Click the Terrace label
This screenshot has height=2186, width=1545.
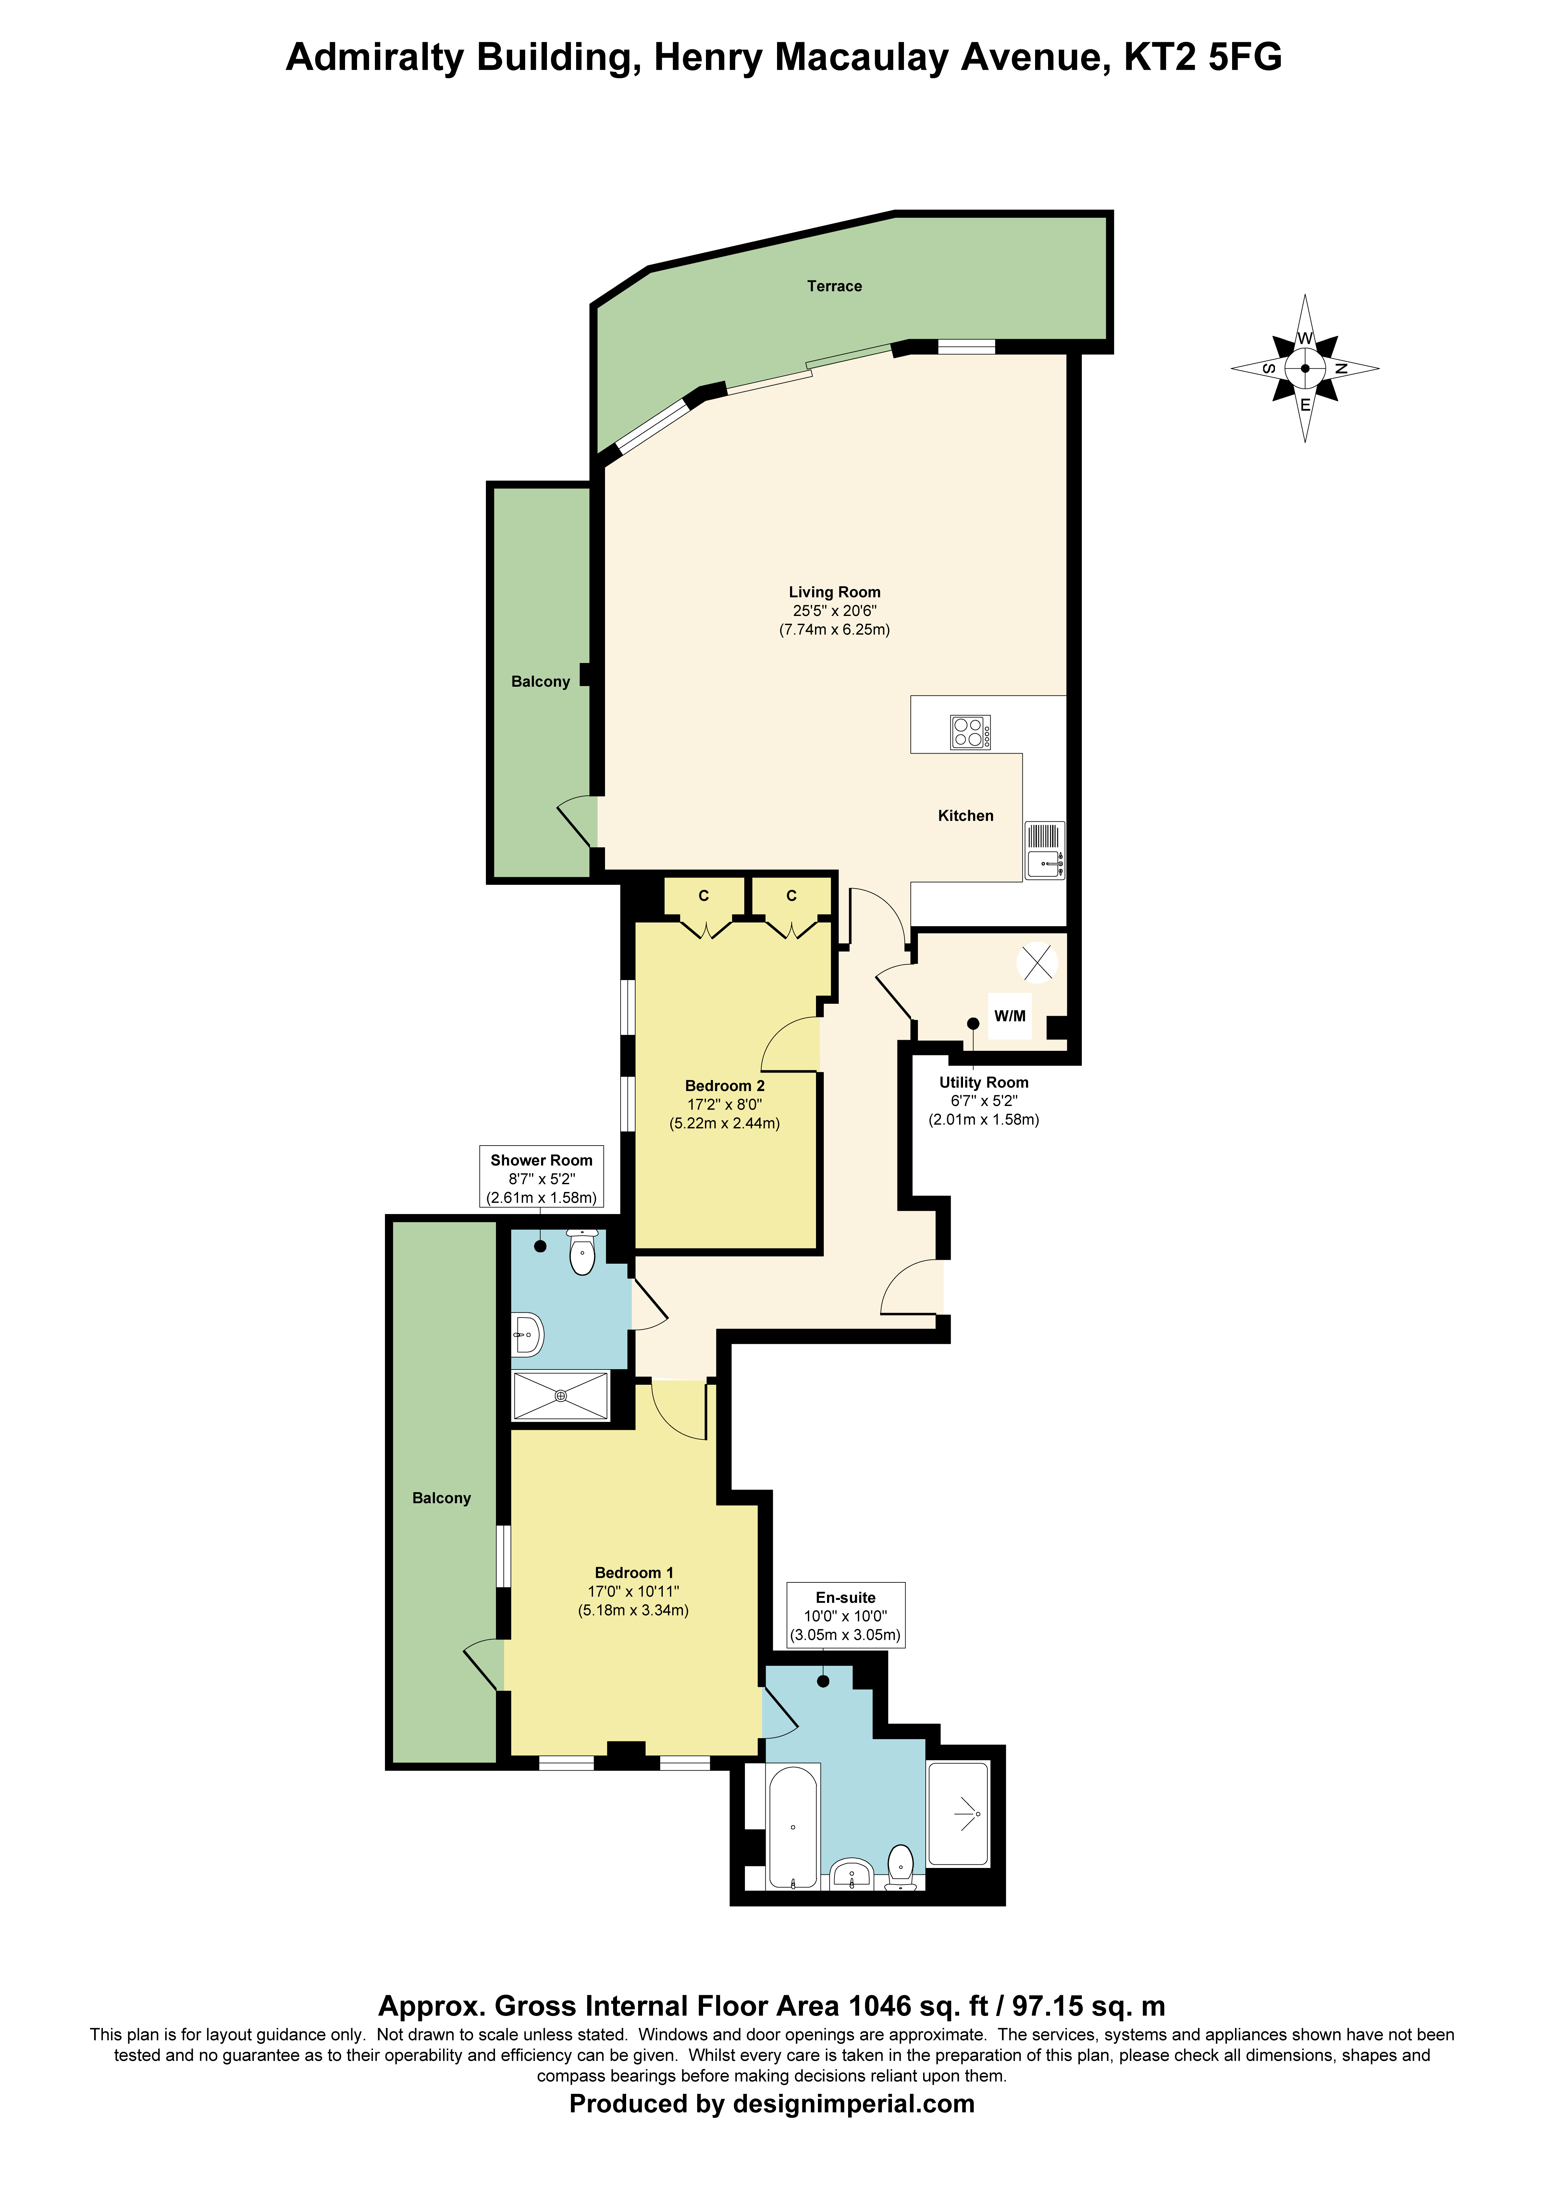(834, 286)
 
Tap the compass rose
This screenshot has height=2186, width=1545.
(1305, 368)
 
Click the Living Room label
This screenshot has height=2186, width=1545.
(834, 592)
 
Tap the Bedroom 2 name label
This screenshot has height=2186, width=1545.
(725, 1086)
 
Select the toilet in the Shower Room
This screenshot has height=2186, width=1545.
(582, 1252)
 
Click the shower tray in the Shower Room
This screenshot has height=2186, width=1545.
(560, 1396)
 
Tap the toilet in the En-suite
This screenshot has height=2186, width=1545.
(900, 1867)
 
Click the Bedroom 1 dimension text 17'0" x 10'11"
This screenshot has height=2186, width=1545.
(634, 1591)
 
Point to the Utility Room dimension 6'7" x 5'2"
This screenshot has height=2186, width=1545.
(984, 1100)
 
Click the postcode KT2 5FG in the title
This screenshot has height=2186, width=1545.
(1203, 57)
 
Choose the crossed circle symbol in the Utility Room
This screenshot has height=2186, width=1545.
(1036, 963)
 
